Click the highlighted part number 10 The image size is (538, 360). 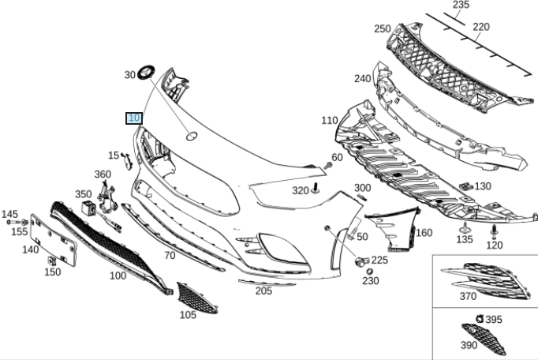134,118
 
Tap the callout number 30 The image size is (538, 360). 130,75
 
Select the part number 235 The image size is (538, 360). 461,6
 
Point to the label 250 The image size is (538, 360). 383,29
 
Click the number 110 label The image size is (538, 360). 329,121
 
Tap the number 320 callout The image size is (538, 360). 301,190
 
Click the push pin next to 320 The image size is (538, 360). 316,188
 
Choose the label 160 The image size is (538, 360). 424,232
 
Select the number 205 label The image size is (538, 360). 263,291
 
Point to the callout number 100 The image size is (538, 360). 118,276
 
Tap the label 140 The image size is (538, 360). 30,249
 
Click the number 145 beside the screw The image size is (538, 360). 9,214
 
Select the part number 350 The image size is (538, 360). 84,193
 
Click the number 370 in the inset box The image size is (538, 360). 468,297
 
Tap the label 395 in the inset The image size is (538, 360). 493,319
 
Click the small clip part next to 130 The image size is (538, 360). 464,186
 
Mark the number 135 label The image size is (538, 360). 465,239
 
